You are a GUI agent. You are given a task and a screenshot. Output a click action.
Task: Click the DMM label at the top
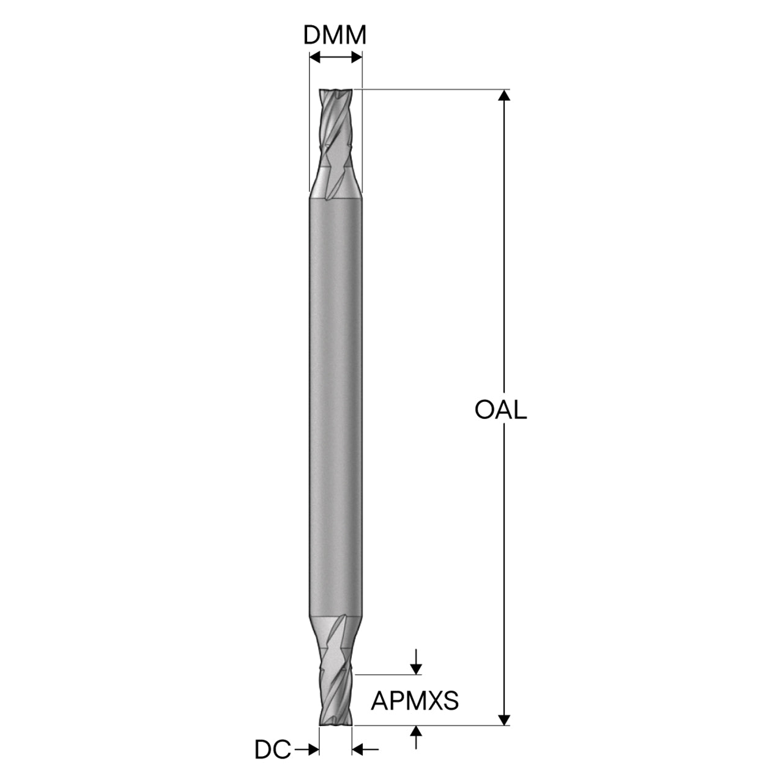tap(335, 35)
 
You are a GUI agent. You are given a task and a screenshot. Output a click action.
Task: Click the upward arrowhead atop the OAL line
tap(504, 95)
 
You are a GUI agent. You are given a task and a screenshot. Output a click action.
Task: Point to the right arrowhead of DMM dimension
tap(357, 58)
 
